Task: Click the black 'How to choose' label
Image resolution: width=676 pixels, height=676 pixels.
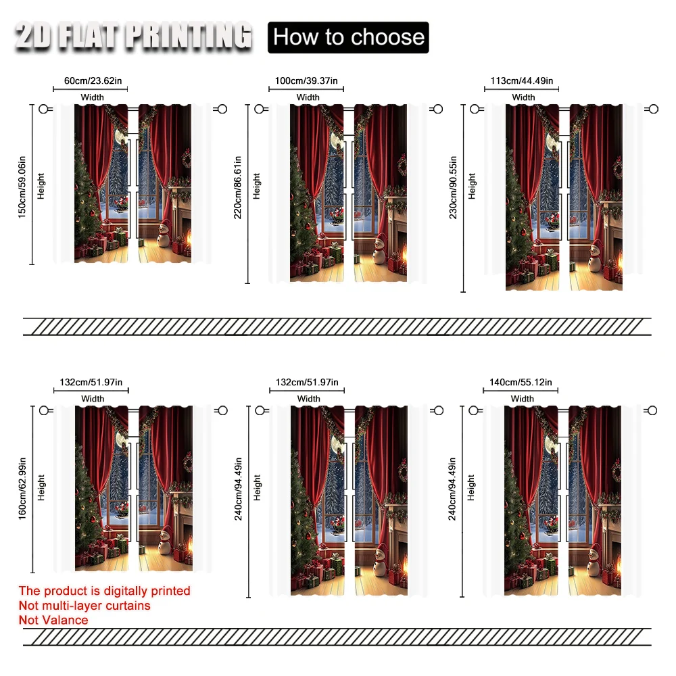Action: pos(348,37)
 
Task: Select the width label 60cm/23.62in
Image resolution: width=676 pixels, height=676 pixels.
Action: pos(93,80)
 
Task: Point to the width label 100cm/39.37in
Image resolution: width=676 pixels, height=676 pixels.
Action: pos(306,80)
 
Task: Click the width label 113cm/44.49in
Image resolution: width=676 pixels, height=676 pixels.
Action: pos(522,80)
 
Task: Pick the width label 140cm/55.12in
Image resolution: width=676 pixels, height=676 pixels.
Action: pos(521,382)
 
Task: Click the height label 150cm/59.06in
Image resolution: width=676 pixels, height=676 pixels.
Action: pos(22,187)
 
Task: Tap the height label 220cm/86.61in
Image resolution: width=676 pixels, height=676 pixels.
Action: pos(237,187)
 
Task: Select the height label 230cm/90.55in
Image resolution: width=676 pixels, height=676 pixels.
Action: pos(453,187)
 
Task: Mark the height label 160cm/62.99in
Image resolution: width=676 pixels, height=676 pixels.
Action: pos(22,489)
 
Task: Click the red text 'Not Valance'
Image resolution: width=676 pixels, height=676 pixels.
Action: pos(53,620)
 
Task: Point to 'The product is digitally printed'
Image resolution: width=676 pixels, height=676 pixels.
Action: pos(104,591)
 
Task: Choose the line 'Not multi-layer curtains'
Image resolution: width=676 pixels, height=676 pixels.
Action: pos(84,605)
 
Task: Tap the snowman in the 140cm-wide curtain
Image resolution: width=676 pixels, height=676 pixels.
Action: pos(594,561)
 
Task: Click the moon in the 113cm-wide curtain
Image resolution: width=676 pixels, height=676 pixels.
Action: pos(552,141)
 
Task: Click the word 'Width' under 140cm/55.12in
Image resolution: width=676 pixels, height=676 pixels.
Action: pos(523,399)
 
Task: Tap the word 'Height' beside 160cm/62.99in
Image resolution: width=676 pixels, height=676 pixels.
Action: pos(41,487)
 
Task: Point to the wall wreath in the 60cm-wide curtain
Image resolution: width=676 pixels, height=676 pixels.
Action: pos(187,159)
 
